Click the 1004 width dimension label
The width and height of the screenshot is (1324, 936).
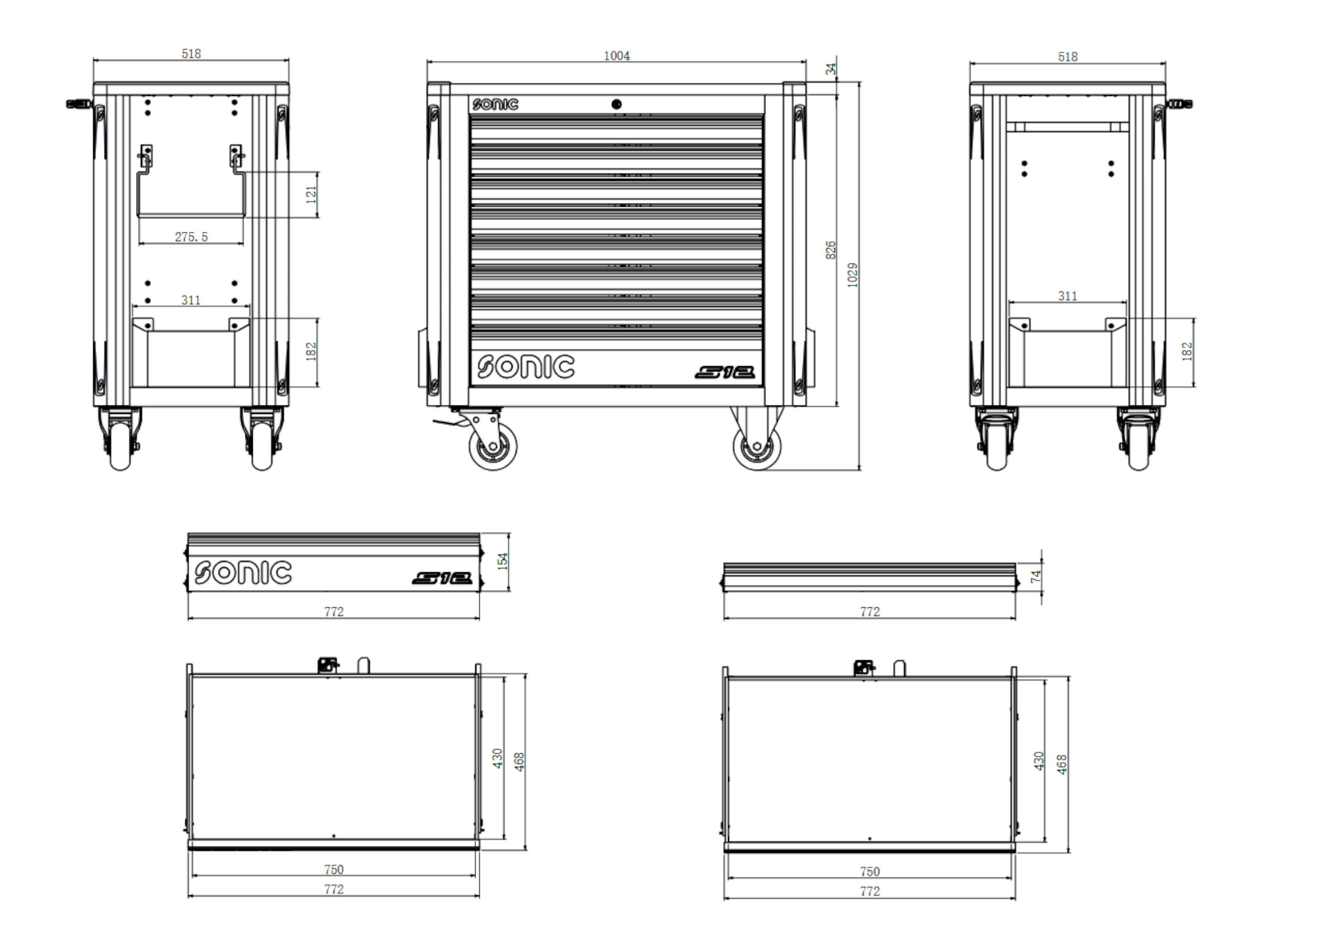point(616,56)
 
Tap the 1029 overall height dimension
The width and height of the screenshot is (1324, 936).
point(853,275)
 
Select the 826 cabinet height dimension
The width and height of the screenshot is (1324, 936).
point(830,250)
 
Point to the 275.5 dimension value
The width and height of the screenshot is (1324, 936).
point(191,237)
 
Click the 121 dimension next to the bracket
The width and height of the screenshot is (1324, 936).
point(311,194)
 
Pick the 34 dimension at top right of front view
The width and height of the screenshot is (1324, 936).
point(830,69)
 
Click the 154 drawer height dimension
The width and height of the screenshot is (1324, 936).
point(503,561)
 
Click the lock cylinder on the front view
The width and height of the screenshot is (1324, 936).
point(616,105)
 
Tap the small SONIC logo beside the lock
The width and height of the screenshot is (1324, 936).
point(495,105)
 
